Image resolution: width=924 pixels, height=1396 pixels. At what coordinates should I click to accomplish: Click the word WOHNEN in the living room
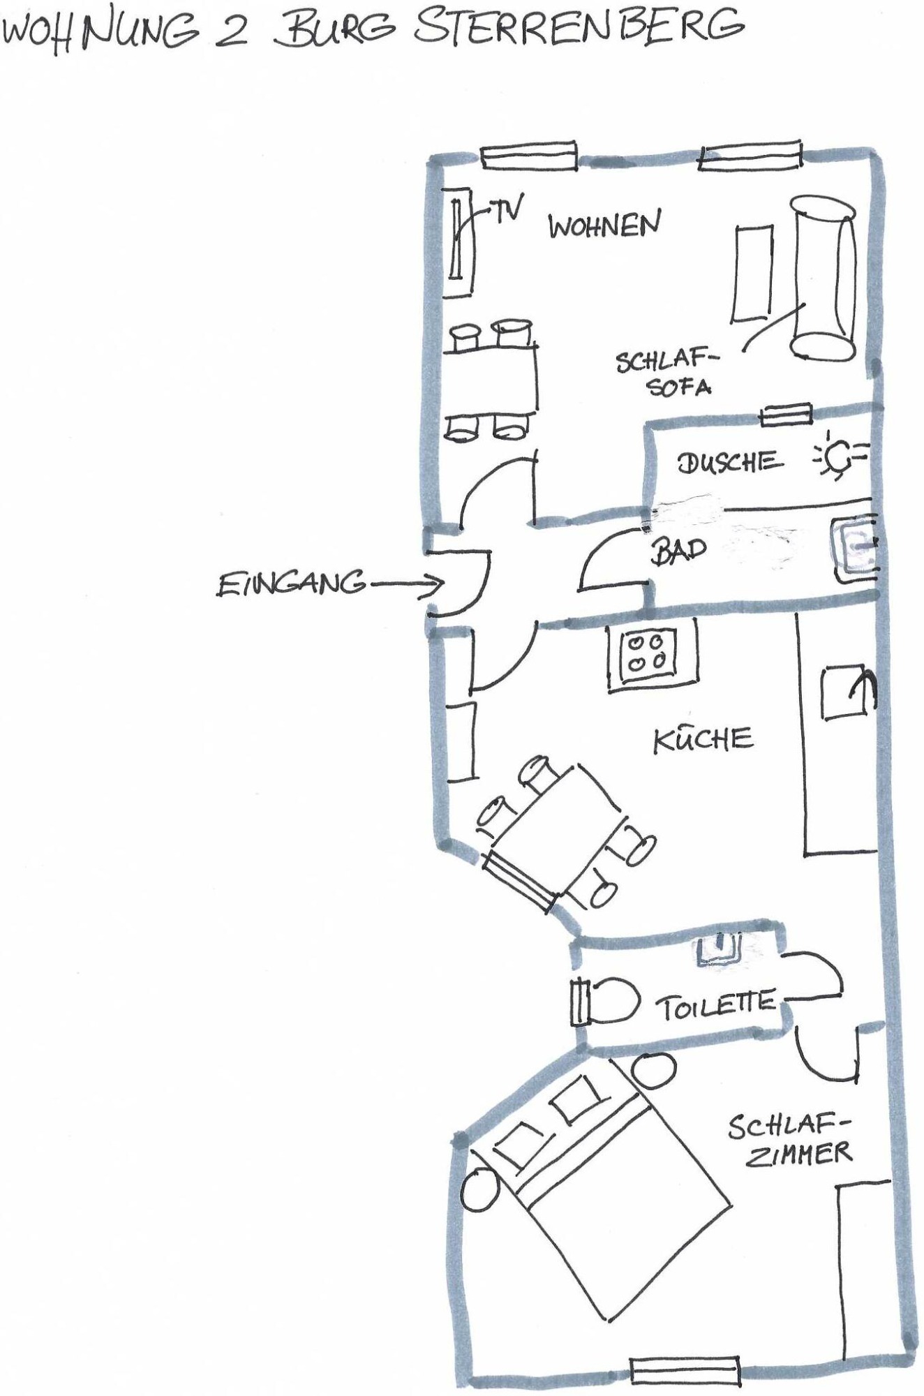[604, 225]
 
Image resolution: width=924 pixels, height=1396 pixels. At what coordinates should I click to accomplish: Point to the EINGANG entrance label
[291, 584]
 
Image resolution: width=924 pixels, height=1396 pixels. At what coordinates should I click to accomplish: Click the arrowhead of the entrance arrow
[436, 584]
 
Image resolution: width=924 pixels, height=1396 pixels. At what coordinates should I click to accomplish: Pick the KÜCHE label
[703, 738]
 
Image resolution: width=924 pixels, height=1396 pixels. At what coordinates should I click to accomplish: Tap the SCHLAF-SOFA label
[666, 373]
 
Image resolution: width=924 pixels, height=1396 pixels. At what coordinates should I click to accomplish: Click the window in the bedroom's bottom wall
[685, 1372]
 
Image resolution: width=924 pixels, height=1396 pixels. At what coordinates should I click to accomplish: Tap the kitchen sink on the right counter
[847, 692]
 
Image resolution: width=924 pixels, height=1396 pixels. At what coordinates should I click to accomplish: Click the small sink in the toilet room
[718, 951]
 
